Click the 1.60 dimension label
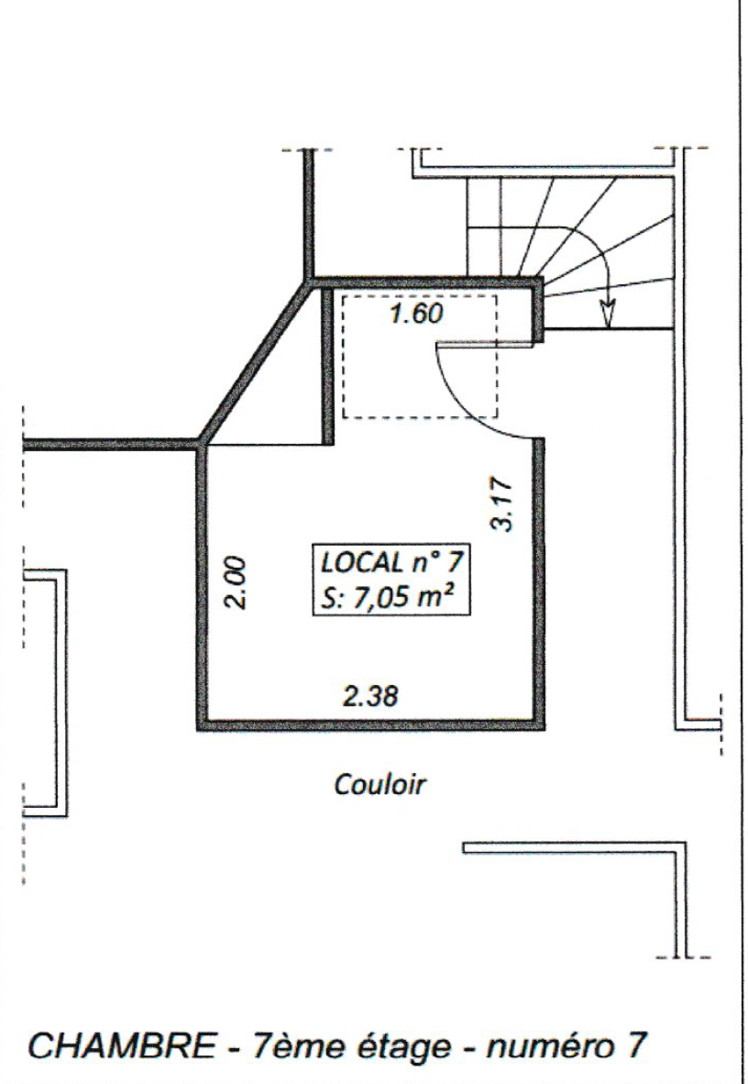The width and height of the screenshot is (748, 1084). (416, 315)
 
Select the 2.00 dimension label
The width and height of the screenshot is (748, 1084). (236, 581)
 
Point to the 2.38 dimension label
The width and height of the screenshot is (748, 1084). (371, 695)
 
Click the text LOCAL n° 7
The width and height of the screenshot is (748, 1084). (390, 562)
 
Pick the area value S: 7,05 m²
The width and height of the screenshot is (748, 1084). (390, 595)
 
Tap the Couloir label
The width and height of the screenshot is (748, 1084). (379, 785)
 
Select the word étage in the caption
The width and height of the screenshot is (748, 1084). (398, 1047)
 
